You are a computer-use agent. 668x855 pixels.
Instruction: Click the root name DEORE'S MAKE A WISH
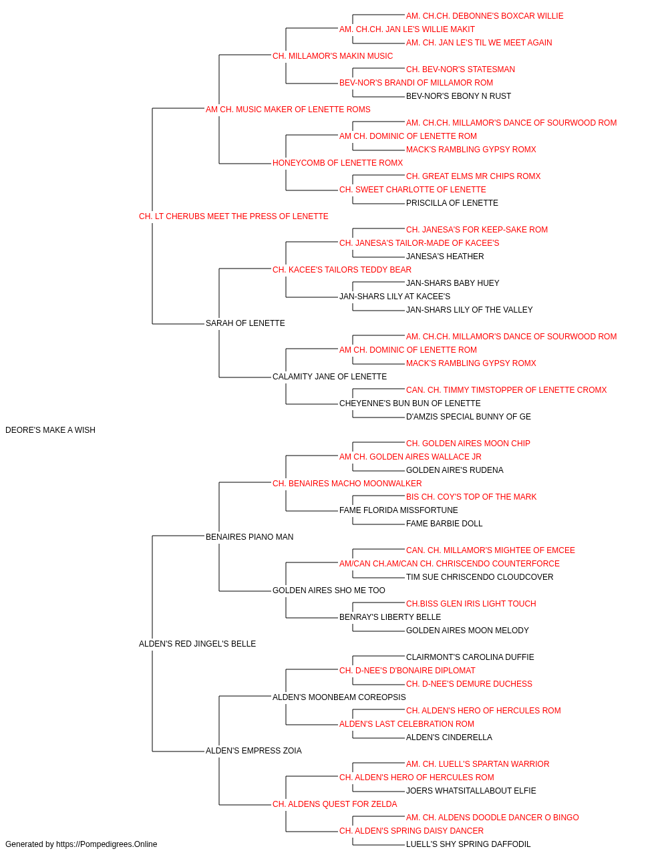(50, 430)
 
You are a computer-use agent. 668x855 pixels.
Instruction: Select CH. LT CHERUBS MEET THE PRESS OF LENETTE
(233, 216)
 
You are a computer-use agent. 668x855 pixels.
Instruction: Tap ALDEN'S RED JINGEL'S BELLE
(197, 644)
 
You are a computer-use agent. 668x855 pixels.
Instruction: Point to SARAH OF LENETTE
(245, 323)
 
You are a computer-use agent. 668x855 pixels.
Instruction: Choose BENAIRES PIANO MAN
(249, 536)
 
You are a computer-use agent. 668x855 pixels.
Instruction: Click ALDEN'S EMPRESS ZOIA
(253, 750)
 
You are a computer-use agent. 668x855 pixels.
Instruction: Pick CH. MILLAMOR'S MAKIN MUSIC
(333, 56)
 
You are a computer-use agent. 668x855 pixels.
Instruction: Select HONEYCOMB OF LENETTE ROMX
(337, 163)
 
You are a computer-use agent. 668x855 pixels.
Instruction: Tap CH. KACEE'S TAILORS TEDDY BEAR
(342, 269)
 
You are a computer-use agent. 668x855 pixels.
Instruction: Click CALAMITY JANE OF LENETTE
(329, 377)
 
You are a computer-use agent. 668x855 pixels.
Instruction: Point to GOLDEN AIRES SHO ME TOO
(329, 590)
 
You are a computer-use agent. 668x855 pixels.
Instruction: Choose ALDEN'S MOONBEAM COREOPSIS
(339, 697)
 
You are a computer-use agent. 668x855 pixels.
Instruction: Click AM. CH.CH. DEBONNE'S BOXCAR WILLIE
(484, 16)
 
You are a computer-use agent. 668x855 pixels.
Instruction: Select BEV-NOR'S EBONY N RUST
(458, 96)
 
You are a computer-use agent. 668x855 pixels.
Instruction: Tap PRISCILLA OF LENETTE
(452, 203)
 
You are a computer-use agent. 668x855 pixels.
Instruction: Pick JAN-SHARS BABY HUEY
(452, 283)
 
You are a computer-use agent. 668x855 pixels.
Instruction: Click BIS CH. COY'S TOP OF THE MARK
(471, 496)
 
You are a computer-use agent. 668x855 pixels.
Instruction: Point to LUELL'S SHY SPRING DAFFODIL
(468, 844)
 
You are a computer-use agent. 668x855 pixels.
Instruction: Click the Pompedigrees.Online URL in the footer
(106, 844)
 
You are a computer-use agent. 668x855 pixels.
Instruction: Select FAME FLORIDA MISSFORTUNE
(399, 510)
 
